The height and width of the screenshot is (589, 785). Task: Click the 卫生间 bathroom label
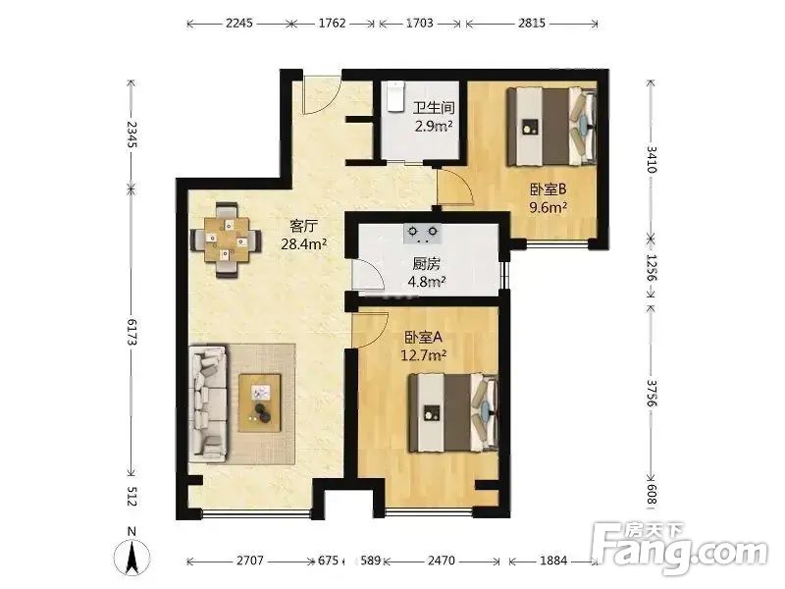(x=433, y=109)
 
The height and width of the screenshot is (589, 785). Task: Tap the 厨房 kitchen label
(x=426, y=264)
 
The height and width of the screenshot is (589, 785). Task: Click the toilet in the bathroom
(x=394, y=97)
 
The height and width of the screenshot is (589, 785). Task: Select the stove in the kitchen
(x=425, y=233)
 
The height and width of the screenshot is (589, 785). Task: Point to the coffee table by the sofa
(x=259, y=400)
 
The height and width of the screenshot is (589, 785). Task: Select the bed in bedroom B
(x=550, y=127)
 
